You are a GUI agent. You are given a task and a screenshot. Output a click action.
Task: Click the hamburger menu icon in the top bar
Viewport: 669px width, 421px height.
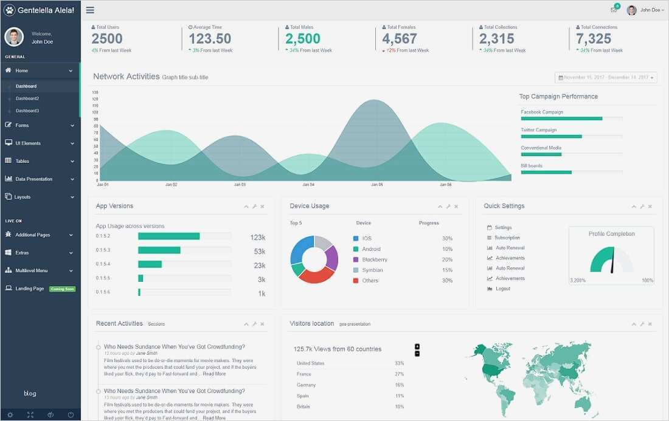click(x=90, y=10)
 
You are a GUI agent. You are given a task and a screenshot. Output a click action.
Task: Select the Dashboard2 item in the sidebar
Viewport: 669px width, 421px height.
click(x=27, y=98)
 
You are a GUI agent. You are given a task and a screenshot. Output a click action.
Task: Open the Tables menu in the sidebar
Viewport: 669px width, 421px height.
click(x=23, y=161)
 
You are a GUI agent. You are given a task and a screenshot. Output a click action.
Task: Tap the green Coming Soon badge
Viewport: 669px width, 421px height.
click(x=62, y=289)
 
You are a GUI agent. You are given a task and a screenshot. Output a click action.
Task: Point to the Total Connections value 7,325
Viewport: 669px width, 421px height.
click(x=594, y=39)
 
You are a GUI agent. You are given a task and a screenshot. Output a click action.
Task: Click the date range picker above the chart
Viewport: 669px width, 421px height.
click(x=606, y=77)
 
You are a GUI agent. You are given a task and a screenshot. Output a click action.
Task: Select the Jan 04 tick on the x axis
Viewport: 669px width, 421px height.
click(x=308, y=184)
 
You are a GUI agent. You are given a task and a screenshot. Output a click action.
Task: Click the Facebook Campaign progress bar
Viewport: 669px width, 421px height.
click(x=561, y=118)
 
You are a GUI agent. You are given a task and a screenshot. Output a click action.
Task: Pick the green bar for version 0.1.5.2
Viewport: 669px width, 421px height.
click(x=168, y=236)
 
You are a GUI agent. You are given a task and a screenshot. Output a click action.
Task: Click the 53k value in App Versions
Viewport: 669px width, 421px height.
click(x=259, y=252)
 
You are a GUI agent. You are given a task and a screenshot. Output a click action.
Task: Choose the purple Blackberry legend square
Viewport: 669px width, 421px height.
click(x=356, y=259)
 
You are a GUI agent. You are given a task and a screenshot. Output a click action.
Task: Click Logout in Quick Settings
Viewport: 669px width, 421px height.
click(x=503, y=289)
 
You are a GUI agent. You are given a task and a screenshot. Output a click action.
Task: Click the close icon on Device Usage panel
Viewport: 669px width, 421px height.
click(x=456, y=207)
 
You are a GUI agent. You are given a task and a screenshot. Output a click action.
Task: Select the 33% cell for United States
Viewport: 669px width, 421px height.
click(x=399, y=363)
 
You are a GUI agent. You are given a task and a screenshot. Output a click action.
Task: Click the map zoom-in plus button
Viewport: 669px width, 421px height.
click(x=417, y=346)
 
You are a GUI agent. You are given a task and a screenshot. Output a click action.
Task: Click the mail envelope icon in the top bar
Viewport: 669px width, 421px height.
click(x=614, y=10)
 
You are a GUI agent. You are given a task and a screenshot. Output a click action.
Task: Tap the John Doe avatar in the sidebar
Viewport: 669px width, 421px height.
click(x=14, y=37)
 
